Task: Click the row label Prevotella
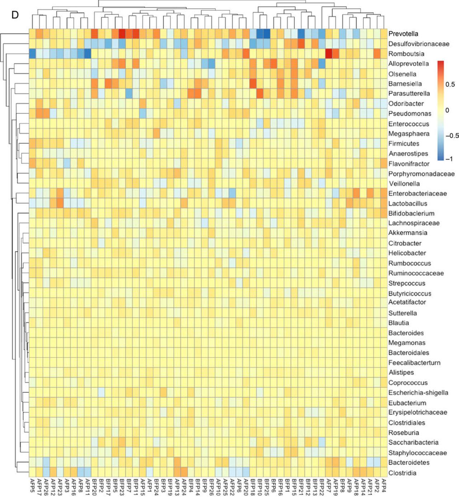pyautogui.click(x=403, y=34)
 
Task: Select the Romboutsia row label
pyautogui.click(x=406, y=54)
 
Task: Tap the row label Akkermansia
pyautogui.click(x=408, y=233)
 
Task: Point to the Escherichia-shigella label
pyautogui.click(x=418, y=393)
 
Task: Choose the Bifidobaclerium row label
pyautogui.click(x=411, y=213)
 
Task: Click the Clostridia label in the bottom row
pyautogui.click(x=402, y=473)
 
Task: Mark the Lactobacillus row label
pyautogui.click(x=408, y=203)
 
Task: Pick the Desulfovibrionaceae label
pyautogui.click(x=418, y=44)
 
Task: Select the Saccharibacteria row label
pyautogui.click(x=413, y=442)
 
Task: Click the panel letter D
pyautogui.click(x=15, y=15)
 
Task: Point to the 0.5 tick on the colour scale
pyautogui.click(x=450, y=84)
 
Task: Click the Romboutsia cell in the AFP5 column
pyautogui.click(x=32, y=54)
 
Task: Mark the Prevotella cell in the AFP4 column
pyautogui.click(x=384, y=34)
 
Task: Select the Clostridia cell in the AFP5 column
pyautogui.click(x=32, y=473)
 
